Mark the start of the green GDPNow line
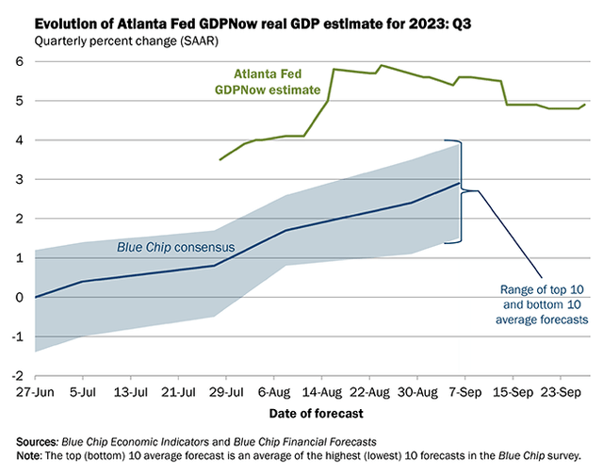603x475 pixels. (220, 159)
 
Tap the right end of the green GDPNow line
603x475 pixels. (585, 105)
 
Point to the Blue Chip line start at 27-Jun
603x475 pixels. (36, 297)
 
